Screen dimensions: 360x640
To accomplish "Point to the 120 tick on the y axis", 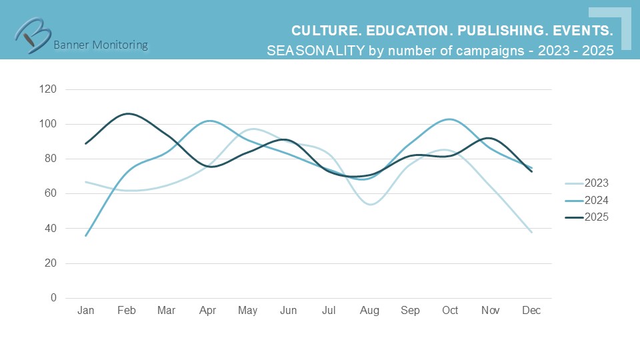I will pyautogui.click(x=49, y=89).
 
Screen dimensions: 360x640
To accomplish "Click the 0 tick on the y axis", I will pyautogui.click(x=53, y=298).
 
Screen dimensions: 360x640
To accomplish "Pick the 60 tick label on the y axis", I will pyautogui.click(x=51, y=193).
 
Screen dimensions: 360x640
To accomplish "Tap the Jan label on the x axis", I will pyautogui.click(x=85, y=311).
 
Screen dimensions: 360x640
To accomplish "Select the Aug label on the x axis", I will pyautogui.click(x=369, y=311).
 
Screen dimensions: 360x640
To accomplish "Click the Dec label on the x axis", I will pyautogui.click(x=531, y=311).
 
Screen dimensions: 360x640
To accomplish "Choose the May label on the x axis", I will pyautogui.click(x=248, y=311).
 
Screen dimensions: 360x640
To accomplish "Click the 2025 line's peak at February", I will pyautogui.click(x=127, y=114).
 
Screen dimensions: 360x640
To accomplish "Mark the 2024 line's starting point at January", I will pyautogui.click(x=86, y=235).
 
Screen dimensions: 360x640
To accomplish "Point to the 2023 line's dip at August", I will pyautogui.click(x=371, y=204).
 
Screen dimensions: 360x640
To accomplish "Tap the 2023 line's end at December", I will pyautogui.click(x=531, y=232).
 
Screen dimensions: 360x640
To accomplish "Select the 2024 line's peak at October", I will pyautogui.click(x=451, y=119).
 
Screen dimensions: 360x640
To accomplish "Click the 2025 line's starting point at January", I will pyautogui.click(x=86, y=143).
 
